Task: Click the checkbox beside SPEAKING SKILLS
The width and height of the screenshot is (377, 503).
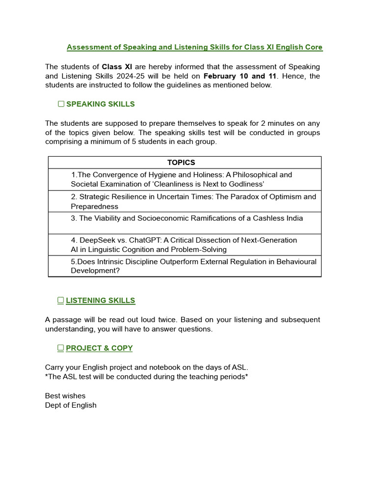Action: click(61, 104)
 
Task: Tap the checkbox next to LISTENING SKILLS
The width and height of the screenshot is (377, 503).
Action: click(61, 300)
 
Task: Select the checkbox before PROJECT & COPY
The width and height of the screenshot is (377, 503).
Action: click(61, 348)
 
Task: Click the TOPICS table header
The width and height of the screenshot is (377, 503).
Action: click(181, 163)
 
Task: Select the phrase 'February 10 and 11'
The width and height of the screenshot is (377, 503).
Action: click(240, 76)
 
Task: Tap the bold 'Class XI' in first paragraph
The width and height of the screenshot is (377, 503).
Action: click(117, 66)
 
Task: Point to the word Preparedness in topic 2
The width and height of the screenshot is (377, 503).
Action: click(94, 206)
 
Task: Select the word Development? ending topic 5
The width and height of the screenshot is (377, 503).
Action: click(95, 271)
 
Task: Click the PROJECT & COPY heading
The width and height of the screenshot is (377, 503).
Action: click(99, 348)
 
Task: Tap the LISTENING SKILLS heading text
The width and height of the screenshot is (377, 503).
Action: click(101, 300)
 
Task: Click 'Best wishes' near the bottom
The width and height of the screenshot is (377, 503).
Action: click(65, 396)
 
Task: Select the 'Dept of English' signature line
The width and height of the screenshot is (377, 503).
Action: click(71, 405)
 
